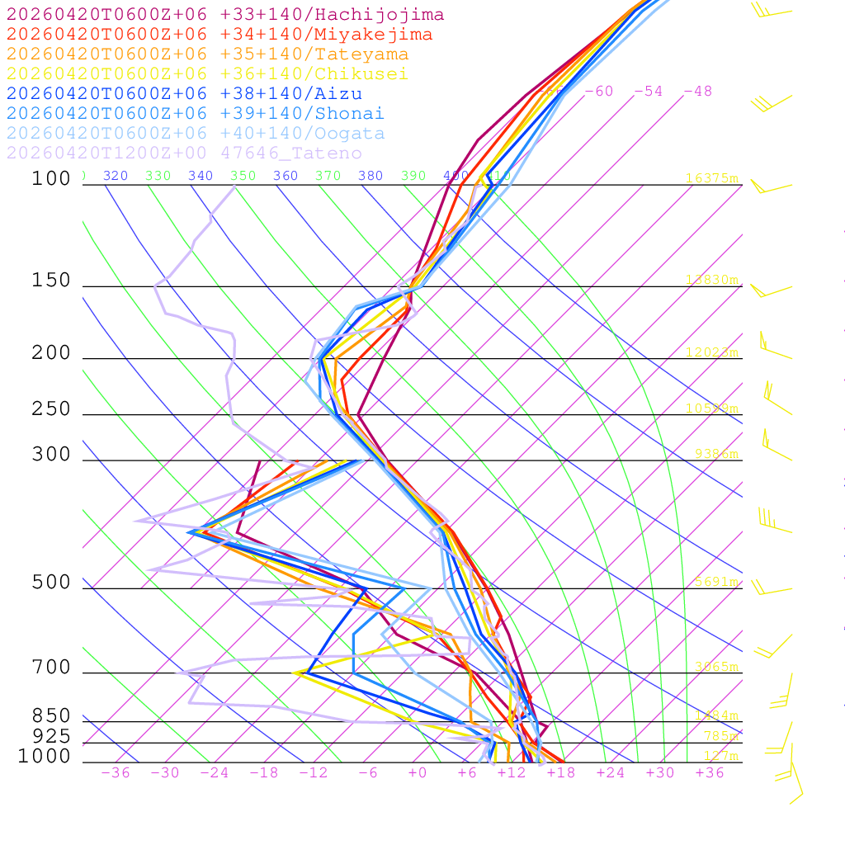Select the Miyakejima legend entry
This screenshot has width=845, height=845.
coord(219,35)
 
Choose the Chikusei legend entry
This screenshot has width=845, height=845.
coord(207,74)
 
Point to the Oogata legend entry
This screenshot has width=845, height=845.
coord(196,134)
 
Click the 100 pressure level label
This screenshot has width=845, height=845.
coord(51,179)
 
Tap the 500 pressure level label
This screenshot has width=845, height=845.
coord(51,583)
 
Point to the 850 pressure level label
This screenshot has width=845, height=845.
coord(51,716)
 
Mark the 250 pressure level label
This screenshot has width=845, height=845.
coord(51,409)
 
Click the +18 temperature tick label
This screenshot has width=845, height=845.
coord(560,772)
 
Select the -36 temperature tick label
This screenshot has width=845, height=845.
coord(115,772)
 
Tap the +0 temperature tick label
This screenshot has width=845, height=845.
coord(418,772)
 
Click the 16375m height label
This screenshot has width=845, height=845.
coord(711,178)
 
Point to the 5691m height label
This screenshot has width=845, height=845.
coord(715,582)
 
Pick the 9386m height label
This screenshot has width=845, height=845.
coord(715,454)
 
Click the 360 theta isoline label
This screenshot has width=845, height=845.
coord(286,176)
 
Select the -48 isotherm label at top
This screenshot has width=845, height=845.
coord(697,92)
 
